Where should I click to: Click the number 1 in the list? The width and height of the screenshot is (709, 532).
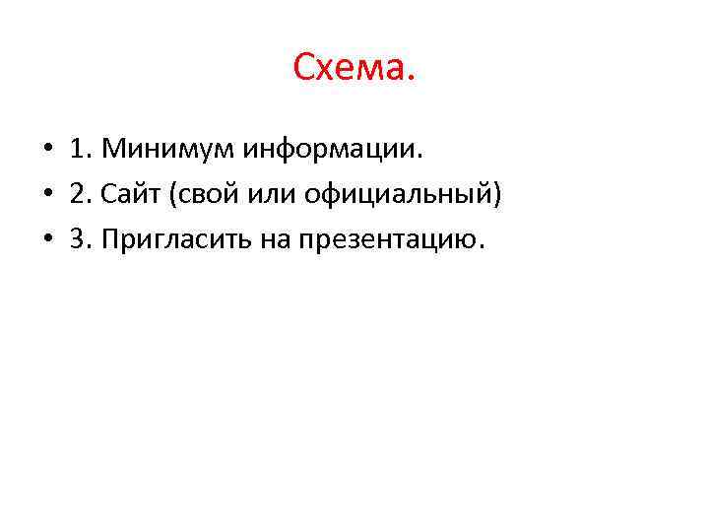click(x=76, y=151)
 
